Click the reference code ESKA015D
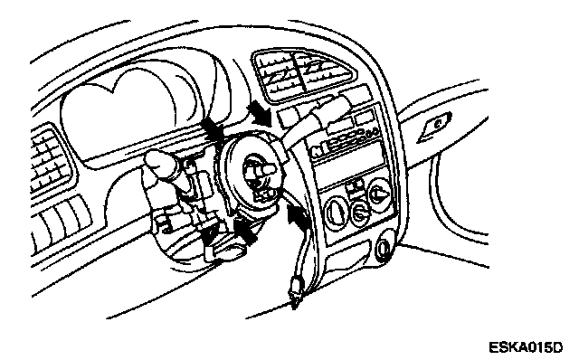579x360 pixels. pos(526,347)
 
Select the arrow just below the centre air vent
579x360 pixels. pos(261,112)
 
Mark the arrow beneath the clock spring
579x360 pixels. pos(244,232)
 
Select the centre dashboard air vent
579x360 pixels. pos(304,75)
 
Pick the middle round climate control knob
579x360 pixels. pos(359,213)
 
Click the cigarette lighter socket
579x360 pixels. pos(384,249)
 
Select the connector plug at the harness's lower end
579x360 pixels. pos(296,290)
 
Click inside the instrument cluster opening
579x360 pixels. pos(119,115)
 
